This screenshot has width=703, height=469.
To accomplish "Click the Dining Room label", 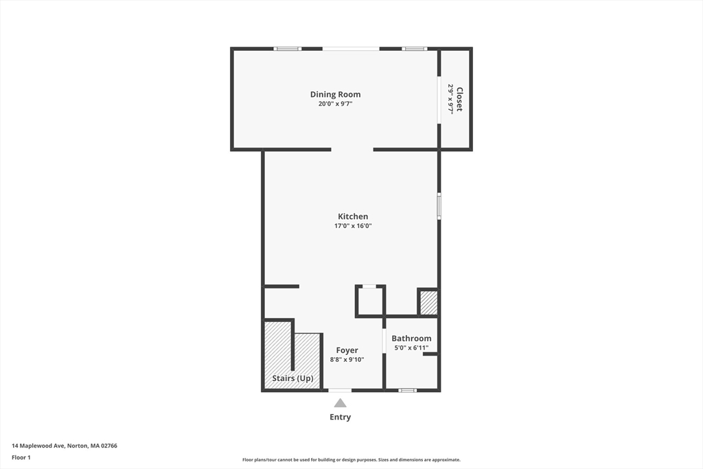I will click(335, 95).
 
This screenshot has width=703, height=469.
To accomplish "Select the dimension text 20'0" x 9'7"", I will click(335, 104).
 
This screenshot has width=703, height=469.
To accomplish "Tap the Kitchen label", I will click(352, 216).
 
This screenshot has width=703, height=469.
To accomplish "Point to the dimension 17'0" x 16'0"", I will click(352, 226).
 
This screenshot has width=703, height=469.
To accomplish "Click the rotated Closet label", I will click(459, 99).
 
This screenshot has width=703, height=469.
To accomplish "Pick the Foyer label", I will click(347, 350).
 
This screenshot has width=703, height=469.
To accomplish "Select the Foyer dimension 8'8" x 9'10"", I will click(347, 359).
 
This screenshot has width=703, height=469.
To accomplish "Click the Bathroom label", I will click(411, 339).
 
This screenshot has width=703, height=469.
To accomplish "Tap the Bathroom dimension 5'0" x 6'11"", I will click(411, 347).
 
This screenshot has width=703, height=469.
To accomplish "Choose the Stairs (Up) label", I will click(292, 378).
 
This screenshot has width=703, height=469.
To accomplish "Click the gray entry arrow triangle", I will click(340, 404).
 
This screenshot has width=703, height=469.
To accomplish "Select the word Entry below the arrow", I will click(340, 417).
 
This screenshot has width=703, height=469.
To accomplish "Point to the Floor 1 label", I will click(21, 457).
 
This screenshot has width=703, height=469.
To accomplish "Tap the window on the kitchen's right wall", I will click(439, 206).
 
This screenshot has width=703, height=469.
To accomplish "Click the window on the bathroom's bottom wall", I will click(407, 390).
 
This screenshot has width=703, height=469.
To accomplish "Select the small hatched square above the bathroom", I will click(428, 303).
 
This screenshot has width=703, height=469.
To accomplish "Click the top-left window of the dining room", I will click(287, 49).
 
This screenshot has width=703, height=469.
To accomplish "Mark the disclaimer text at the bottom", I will click(351, 460).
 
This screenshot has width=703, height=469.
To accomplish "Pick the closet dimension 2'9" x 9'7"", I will click(450, 99).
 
